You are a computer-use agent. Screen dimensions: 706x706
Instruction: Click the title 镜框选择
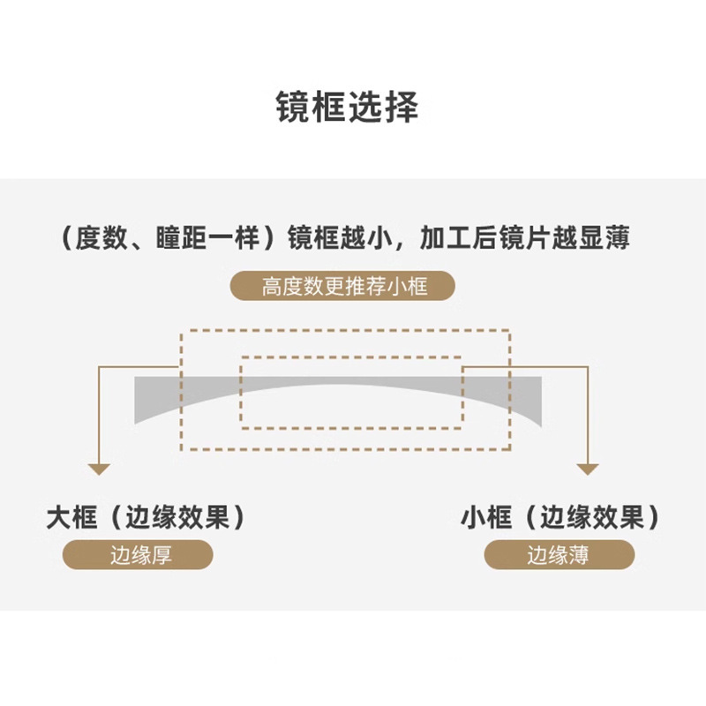[353, 108]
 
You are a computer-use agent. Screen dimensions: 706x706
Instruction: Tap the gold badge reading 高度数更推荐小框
[344, 287]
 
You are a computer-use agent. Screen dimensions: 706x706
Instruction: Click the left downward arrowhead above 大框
[100, 469]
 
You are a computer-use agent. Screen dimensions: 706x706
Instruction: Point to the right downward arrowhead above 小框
[587, 469]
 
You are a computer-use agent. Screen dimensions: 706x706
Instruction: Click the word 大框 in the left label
[71, 517]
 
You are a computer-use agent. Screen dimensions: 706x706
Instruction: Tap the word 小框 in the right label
[486, 517]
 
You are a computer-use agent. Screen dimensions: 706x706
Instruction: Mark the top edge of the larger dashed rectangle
[345, 332]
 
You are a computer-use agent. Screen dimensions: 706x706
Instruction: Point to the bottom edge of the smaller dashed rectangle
[351, 428]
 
